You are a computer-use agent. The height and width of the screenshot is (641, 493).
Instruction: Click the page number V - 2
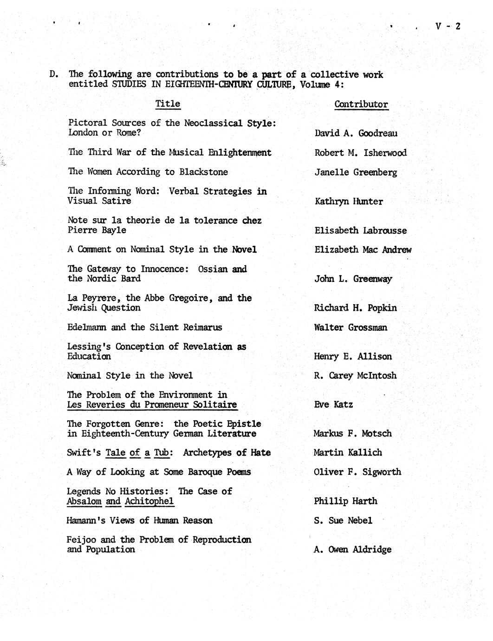(x=448, y=26)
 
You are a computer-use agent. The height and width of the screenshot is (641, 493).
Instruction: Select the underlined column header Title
(x=168, y=104)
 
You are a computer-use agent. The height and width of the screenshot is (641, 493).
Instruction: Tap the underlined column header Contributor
(x=361, y=104)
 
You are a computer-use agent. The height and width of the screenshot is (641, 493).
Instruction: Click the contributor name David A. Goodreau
(x=356, y=133)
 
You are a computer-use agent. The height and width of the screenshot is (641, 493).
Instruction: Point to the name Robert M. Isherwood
(x=360, y=153)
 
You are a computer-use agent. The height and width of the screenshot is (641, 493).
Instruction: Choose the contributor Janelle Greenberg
(x=356, y=172)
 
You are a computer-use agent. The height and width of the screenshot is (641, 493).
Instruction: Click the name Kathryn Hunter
(x=349, y=202)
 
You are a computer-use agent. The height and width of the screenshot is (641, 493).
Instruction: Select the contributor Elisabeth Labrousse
(x=360, y=230)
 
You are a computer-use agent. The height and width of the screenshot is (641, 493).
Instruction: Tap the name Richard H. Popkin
(x=355, y=307)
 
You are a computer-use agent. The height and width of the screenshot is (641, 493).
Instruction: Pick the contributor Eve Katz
(x=333, y=405)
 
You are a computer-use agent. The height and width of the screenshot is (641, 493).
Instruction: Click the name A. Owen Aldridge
(x=352, y=549)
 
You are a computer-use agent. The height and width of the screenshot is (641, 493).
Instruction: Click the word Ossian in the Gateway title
(x=212, y=269)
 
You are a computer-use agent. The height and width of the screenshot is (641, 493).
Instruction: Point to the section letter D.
(x=53, y=74)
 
